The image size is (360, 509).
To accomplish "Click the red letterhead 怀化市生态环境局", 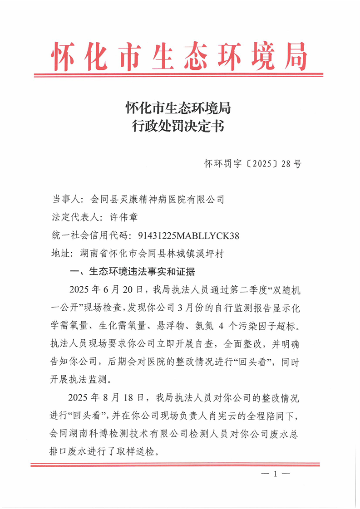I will pos(180,56).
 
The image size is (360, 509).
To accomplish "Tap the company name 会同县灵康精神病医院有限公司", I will pos(158,199).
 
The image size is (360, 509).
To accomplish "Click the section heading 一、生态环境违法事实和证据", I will pos(131,272).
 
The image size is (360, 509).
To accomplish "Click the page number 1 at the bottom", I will pos(275,475).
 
